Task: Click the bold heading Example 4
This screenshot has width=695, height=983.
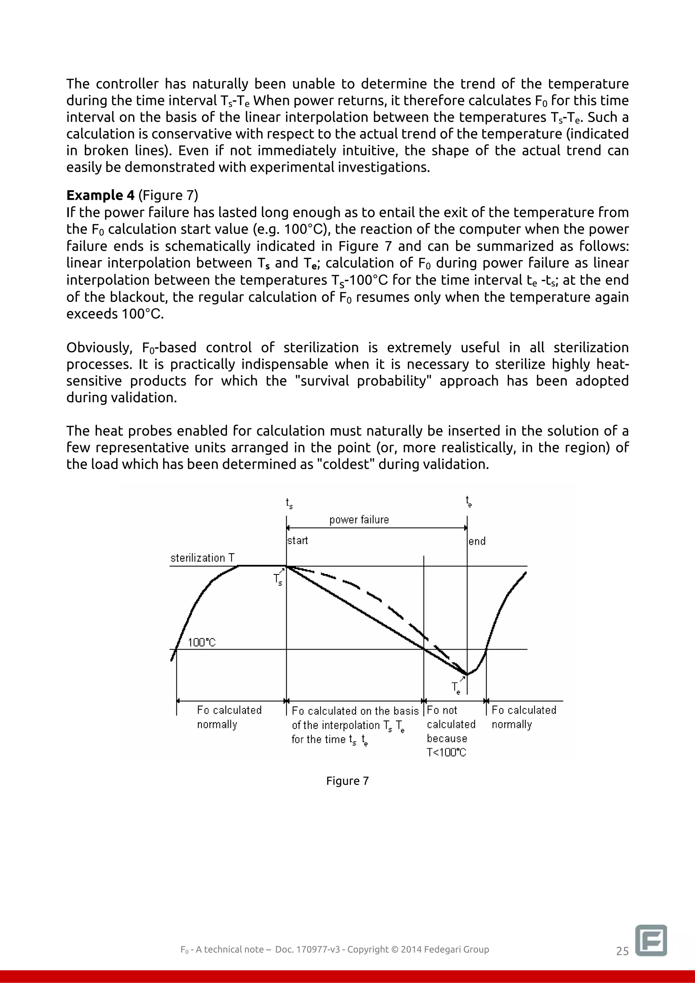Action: click(x=100, y=195)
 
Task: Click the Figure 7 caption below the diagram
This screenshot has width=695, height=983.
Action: click(x=347, y=780)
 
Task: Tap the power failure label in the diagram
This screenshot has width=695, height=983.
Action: click(x=359, y=520)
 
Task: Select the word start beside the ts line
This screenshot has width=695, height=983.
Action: click(x=298, y=540)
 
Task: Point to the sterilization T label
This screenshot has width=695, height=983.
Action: click(x=203, y=558)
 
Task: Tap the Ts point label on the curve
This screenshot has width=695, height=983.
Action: click(x=278, y=580)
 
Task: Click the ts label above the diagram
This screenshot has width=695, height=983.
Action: click(x=289, y=503)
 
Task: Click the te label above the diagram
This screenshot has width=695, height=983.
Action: click(x=469, y=501)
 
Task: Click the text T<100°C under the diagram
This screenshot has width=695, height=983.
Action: click(x=446, y=752)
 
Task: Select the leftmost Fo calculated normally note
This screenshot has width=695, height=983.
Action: click(x=229, y=717)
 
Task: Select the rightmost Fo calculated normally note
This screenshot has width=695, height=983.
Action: click(x=523, y=717)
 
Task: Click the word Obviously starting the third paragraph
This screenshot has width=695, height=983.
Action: click(x=98, y=348)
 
